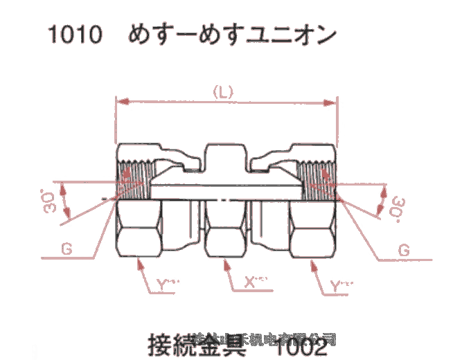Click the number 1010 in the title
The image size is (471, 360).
74,34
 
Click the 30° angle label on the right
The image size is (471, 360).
397,205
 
